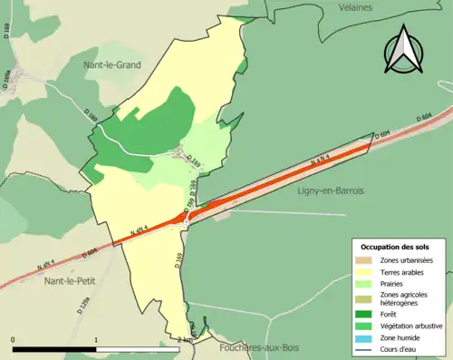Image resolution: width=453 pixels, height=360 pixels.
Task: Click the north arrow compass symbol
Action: (405, 49)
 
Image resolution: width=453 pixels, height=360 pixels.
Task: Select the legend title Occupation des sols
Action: (396, 246)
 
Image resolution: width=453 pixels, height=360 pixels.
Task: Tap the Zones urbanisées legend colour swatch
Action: (366, 260)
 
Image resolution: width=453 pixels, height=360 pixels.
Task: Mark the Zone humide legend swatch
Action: (366, 337)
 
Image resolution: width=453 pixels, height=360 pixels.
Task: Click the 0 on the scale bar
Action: (13, 339)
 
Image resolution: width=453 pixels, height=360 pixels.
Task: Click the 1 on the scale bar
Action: (96, 339)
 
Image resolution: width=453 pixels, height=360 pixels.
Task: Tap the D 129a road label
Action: (83, 306)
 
